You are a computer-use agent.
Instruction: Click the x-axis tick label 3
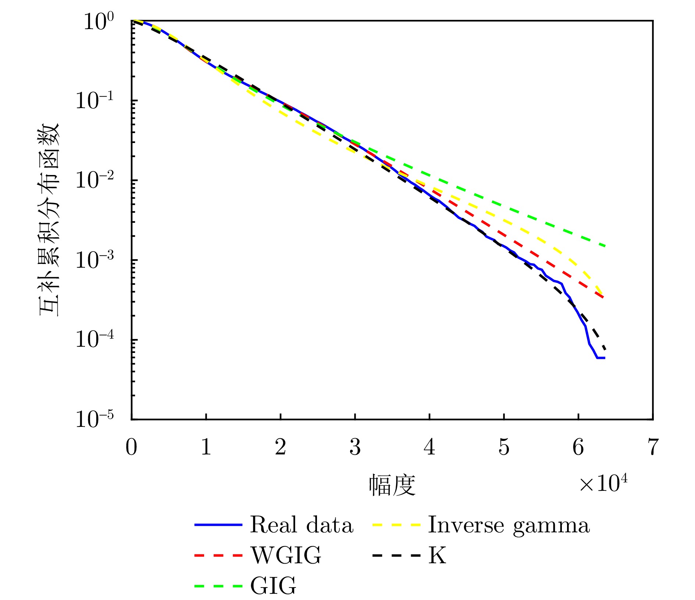point(355,447)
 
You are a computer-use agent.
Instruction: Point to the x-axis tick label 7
point(653,447)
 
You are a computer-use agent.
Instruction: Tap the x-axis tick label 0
point(131,447)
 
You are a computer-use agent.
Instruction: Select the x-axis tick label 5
point(504,447)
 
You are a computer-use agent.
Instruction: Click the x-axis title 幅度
point(392,485)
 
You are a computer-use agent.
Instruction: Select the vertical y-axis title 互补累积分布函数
point(49,220)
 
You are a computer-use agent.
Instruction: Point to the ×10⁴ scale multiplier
point(603,483)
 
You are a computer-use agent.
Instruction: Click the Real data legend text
point(302,525)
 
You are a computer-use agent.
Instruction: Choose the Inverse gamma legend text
point(509,525)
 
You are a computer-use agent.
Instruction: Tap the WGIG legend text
point(286,555)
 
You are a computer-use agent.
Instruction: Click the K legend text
point(437,555)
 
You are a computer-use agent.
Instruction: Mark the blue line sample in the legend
point(218,525)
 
